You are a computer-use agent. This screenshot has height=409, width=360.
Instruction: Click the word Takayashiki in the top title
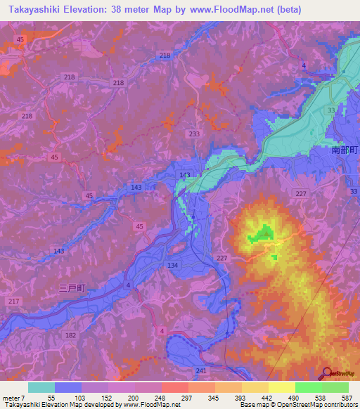(x=34, y=9)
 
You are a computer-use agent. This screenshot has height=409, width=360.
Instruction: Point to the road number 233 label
(x=194, y=133)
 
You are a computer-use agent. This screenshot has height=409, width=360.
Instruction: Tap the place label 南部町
(x=345, y=150)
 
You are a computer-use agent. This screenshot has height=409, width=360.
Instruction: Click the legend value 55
(x=51, y=398)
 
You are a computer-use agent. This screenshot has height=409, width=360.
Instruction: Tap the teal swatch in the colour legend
(x=41, y=387)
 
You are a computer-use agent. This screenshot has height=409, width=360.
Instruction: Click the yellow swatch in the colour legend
(x=281, y=387)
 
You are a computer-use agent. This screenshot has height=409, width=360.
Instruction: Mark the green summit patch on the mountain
(x=264, y=233)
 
